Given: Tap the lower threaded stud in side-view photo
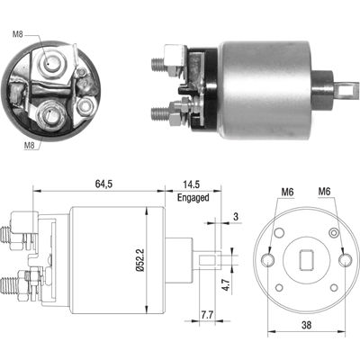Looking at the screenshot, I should (157, 112).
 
